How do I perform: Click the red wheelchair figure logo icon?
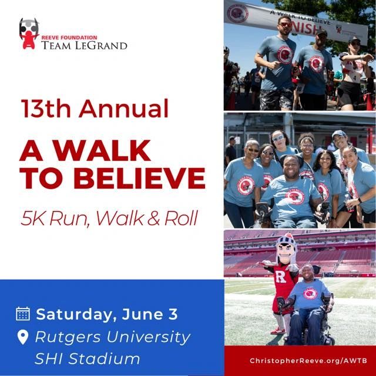click(x=29, y=34)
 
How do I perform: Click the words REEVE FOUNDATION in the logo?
click(x=69, y=38)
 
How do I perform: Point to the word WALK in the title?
click(x=102, y=150)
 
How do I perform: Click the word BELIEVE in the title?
click(x=139, y=179)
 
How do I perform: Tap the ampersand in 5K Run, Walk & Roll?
click(x=153, y=219)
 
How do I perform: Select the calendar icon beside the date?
click(x=23, y=314)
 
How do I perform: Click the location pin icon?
click(x=23, y=337)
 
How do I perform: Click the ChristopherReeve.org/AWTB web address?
click(x=308, y=361)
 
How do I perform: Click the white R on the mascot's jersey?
click(x=280, y=277)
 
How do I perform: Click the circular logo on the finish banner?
click(x=237, y=14)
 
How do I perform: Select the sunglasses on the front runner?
click(x=285, y=25)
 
